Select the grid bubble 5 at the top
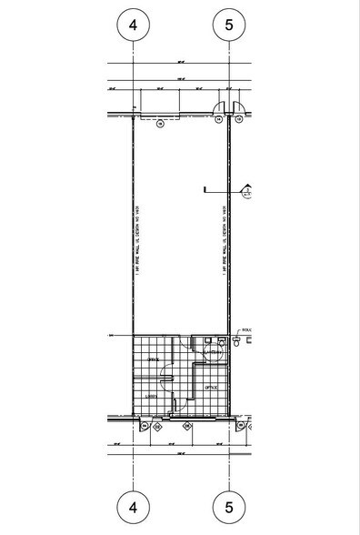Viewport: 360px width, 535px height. click(228, 25)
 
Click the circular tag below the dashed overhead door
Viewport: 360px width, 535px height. click(159, 125)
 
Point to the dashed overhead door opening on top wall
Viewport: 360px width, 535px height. click(159, 115)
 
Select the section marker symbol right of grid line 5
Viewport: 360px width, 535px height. click(246, 191)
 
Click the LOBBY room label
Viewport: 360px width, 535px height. click(154, 396)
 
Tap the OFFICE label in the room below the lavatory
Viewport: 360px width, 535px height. click(210, 387)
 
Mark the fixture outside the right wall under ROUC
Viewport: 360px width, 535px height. click(239, 341)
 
